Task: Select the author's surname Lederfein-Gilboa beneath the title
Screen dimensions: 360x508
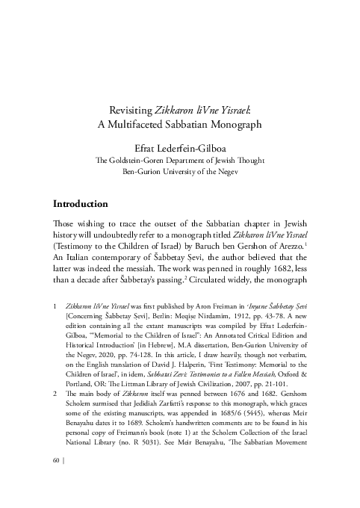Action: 200,146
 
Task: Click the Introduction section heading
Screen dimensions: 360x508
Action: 81,203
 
